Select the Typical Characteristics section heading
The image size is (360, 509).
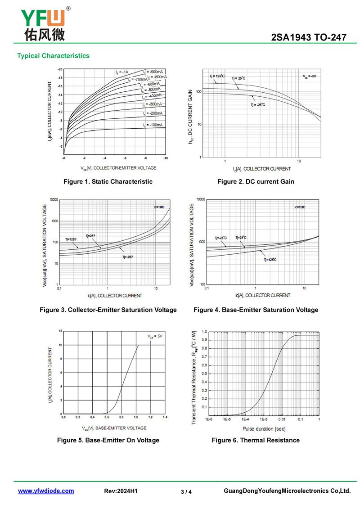pyautogui.click(x=53, y=56)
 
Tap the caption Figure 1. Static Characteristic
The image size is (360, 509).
pyautogui.click(x=108, y=181)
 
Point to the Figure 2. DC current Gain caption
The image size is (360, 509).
pyautogui.click(x=256, y=181)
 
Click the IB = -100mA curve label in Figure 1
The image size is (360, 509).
pyautogui.click(x=153, y=125)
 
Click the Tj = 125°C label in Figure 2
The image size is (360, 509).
pyautogui.click(x=216, y=77)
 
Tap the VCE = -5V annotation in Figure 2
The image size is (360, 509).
pyautogui.click(x=309, y=77)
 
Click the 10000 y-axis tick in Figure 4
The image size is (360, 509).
pyautogui.click(x=199, y=199)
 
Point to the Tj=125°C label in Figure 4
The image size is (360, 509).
pyautogui.click(x=270, y=260)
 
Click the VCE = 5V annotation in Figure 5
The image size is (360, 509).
pyautogui.click(x=155, y=336)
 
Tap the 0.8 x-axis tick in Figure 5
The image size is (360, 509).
pyautogui.click(x=121, y=418)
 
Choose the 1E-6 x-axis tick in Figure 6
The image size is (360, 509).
pyautogui.click(x=209, y=419)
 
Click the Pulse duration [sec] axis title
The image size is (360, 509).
pyautogui.click(x=264, y=428)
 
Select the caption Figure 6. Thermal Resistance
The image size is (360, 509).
pyautogui.click(x=256, y=440)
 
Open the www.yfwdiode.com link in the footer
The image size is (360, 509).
pyautogui.click(x=46, y=491)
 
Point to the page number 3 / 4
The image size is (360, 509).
pyautogui.click(x=186, y=492)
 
